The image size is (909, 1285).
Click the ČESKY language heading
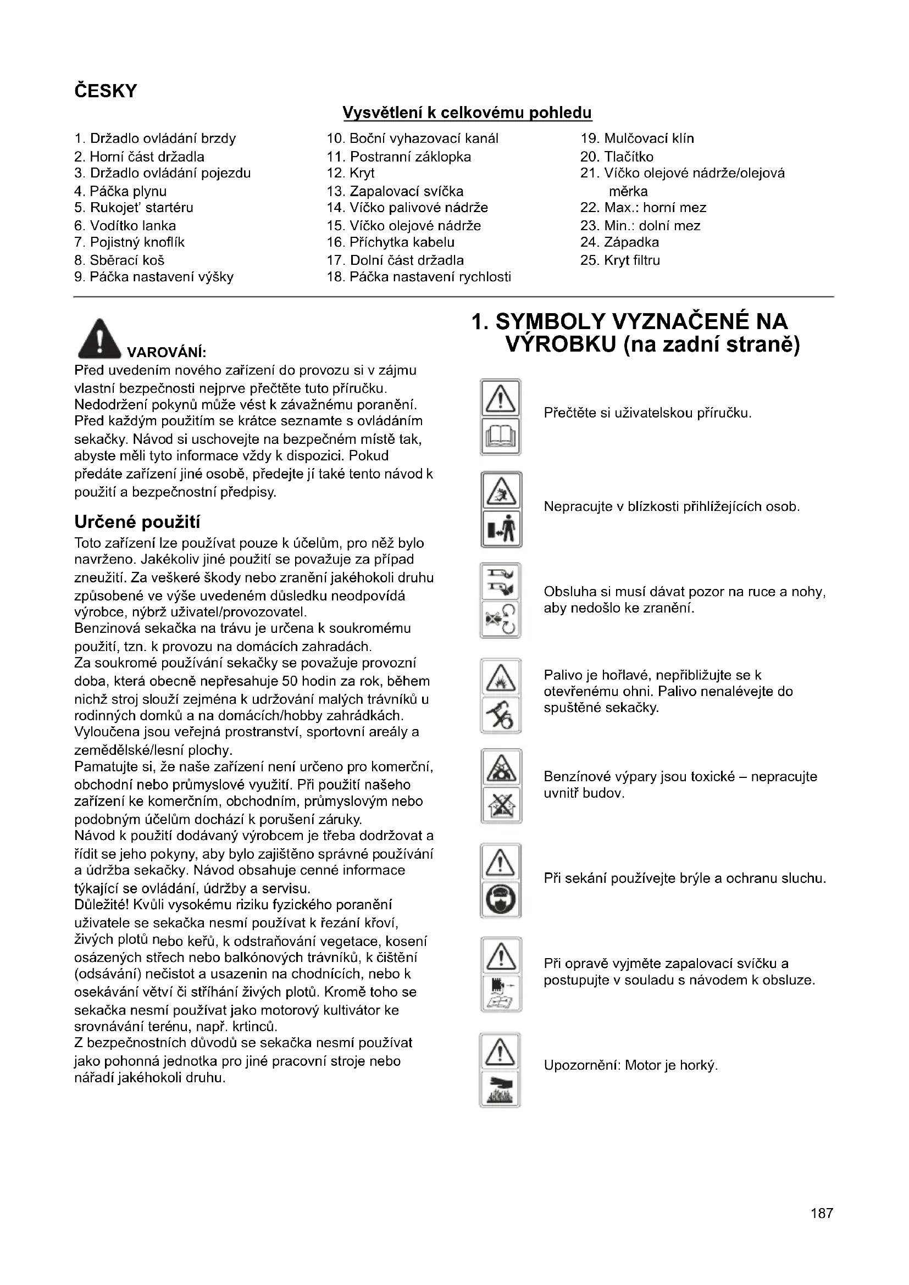coord(105,91)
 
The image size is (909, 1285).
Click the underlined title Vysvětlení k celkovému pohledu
coord(467,113)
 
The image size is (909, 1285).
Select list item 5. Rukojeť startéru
coord(134,208)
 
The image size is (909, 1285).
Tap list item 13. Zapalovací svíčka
coord(395,191)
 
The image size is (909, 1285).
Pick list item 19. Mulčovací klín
coord(637,138)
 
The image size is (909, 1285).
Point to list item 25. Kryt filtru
coord(620,260)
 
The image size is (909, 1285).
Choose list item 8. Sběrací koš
coord(119,260)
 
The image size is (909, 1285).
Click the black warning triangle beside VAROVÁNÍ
coord(99,338)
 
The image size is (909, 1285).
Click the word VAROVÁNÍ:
coord(167,353)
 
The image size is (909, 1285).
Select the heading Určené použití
coord(137,522)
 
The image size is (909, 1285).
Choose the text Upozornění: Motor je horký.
coord(630,1065)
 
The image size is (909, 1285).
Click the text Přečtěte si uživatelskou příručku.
coord(647,414)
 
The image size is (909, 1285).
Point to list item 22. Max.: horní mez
coord(643,208)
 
